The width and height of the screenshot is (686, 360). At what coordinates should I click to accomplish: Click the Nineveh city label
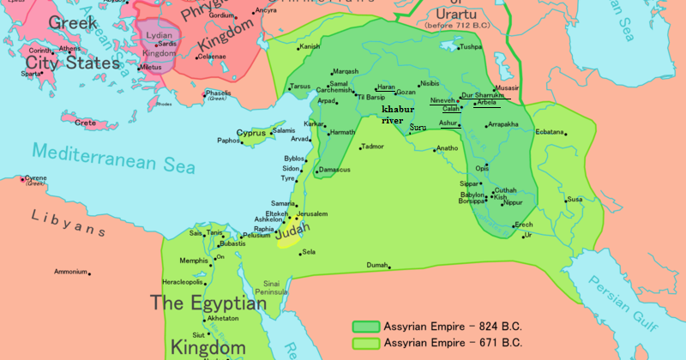[x=442, y=100]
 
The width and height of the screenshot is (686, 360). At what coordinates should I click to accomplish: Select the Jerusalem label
[x=314, y=212]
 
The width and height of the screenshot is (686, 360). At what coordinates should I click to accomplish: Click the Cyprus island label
[x=250, y=134]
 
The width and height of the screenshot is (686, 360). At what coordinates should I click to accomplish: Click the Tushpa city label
[x=471, y=47]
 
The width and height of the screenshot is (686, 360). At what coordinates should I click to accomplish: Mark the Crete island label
[x=85, y=123]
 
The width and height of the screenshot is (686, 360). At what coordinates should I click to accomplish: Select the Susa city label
[x=575, y=200]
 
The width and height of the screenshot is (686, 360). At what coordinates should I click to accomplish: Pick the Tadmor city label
[x=372, y=147]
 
